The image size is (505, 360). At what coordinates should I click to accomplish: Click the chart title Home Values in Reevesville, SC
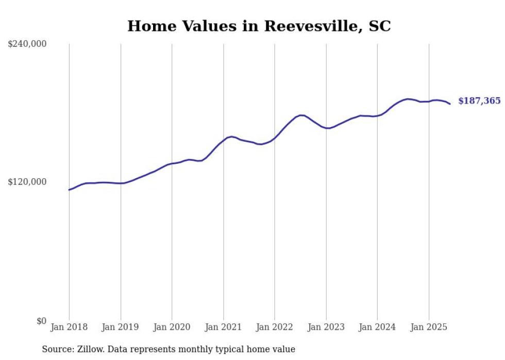click(259, 26)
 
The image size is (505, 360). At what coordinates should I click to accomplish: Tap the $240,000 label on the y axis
click(27, 44)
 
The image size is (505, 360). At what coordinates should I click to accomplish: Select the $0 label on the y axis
click(41, 321)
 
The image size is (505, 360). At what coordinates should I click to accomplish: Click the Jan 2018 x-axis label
click(69, 327)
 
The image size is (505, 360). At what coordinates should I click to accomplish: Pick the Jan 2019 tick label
click(121, 327)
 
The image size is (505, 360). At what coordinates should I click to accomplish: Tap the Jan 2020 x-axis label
click(172, 327)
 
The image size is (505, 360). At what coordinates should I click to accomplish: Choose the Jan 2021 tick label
click(223, 327)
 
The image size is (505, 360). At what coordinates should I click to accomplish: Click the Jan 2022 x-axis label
click(275, 327)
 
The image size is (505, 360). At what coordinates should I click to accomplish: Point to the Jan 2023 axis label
click(326, 327)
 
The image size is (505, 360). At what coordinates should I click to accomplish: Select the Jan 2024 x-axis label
click(377, 327)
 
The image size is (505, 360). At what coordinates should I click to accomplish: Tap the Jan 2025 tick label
click(429, 327)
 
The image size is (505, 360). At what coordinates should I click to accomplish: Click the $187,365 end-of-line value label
click(479, 101)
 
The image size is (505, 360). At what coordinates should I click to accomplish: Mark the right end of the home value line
click(450, 104)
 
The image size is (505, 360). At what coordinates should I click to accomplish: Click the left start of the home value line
click(69, 190)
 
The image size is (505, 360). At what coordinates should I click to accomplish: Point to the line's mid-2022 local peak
click(301, 115)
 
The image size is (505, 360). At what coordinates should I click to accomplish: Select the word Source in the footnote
click(57, 349)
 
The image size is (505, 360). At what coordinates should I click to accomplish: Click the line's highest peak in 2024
click(408, 99)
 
